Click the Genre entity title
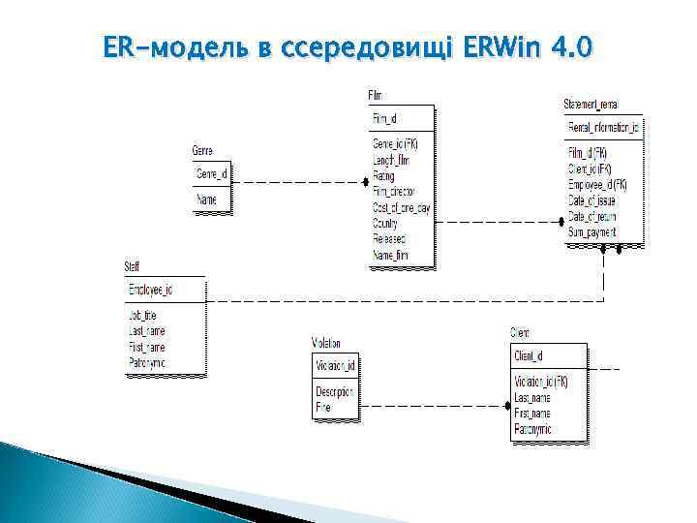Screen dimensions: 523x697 [x=202, y=151]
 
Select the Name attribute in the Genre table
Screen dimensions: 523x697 [x=206, y=200]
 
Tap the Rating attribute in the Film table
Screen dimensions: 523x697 [x=383, y=176]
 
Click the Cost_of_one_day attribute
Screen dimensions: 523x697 [x=402, y=207]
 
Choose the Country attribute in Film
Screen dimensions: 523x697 [x=386, y=223]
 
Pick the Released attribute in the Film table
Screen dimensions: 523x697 [x=389, y=238]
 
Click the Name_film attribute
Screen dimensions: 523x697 [x=391, y=255]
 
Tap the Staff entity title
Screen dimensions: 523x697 [x=132, y=266]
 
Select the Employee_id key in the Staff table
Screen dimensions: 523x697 [x=151, y=290]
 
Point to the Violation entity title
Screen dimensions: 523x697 [x=325, y=343]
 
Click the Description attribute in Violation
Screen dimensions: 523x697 [x=335, y=391]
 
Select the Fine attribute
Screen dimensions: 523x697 [x=323, y=408]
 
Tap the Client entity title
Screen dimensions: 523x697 [x=520, y=333]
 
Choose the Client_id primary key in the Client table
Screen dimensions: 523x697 [x=529, y=356]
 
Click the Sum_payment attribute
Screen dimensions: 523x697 [x=593, y=231]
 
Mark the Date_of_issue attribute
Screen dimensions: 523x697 [x=592, y=200]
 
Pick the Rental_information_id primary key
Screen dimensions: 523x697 [x=603, y=128]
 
